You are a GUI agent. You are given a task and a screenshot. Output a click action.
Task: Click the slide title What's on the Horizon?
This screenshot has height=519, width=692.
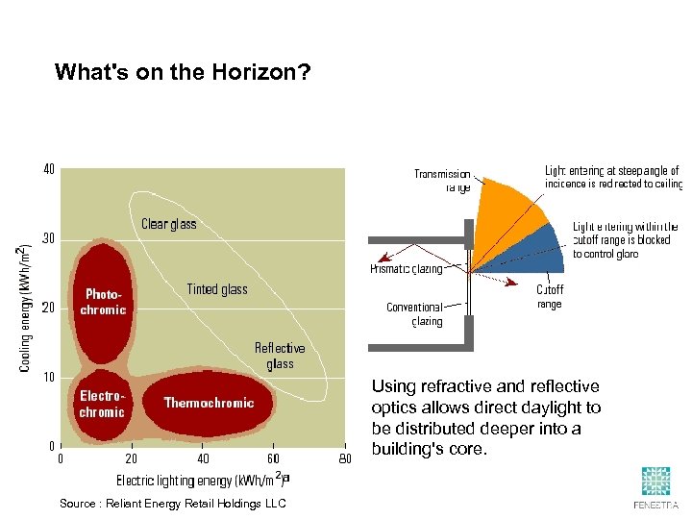[x=183, y=72]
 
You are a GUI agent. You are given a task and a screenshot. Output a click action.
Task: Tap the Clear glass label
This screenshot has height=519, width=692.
[x=168, y=224]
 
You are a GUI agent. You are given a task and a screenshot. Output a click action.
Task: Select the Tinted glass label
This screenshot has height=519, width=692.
[x=216, y=289]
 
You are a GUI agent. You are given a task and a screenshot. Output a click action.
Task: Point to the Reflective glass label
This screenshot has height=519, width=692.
[x=280, y=356]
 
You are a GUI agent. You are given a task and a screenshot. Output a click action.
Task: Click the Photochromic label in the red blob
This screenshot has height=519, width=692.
[x=103, y=302]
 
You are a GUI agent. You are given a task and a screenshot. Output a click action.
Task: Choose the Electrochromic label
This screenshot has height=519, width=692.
[x=102, y=404]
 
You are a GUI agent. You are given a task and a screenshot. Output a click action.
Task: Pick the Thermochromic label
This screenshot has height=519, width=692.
[x=209, y=403]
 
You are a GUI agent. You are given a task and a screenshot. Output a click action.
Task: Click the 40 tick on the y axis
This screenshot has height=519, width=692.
[x=48, y=169]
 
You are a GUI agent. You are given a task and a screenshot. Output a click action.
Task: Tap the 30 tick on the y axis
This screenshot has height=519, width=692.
[x=48, y=238]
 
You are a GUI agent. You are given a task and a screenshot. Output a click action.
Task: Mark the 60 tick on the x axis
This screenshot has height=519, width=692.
[x=273, y=458]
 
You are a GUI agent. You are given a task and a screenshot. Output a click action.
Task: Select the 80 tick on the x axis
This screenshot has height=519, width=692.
[x=344, y=458]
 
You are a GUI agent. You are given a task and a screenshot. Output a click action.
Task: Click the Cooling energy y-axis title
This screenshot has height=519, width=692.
[x=24, y=308]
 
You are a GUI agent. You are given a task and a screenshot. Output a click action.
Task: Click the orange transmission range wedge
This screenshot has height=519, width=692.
[x=508, y=215]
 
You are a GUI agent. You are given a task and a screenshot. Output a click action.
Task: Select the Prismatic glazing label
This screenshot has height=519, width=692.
[x=407, y=269]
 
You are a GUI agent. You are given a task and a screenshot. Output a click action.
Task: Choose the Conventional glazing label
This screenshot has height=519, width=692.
[x=414, y=314]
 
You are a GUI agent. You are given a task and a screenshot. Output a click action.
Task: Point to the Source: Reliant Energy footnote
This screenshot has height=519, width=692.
[x=173, y=504]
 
